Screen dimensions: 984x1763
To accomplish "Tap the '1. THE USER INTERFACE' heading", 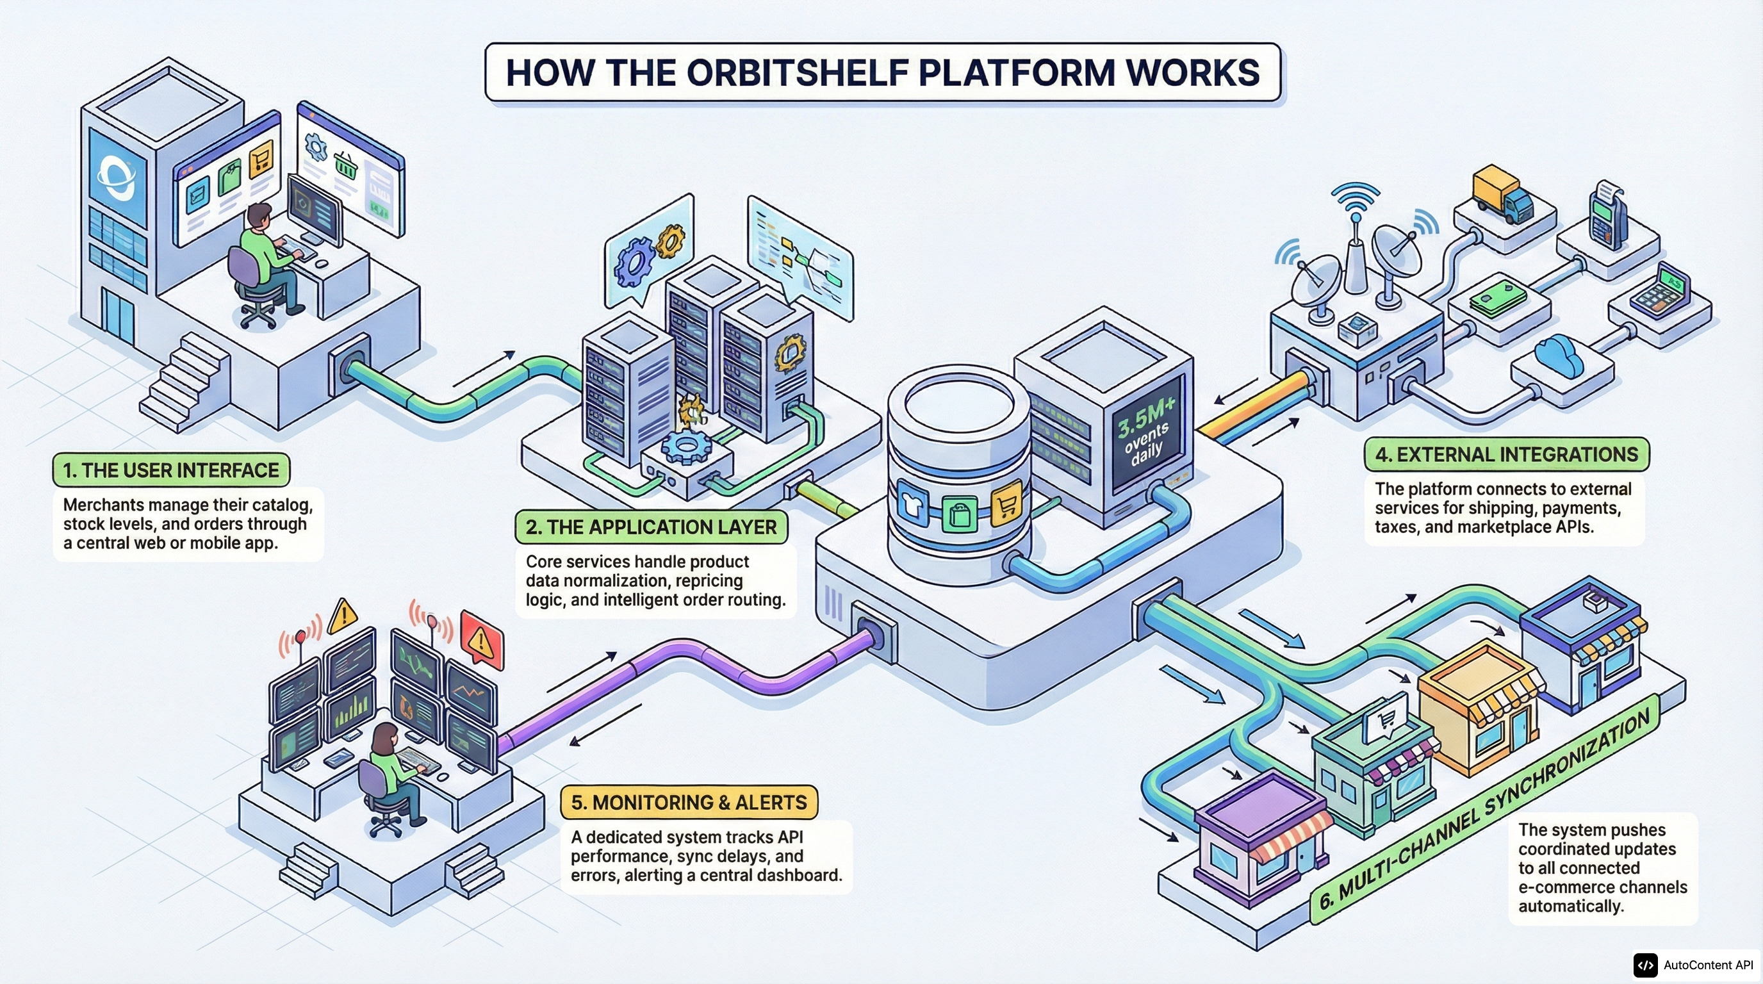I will point(171,470).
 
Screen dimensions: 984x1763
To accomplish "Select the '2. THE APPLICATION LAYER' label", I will point(651,527).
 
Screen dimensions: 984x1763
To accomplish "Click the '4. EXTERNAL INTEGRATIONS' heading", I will point(1506,454).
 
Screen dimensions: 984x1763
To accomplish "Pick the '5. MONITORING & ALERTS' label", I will point(689,802).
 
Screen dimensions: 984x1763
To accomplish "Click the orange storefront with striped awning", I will point(1479,705).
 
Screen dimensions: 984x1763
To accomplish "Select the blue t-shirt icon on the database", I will point(912,507).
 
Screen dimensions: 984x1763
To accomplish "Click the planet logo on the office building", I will point(117,177).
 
